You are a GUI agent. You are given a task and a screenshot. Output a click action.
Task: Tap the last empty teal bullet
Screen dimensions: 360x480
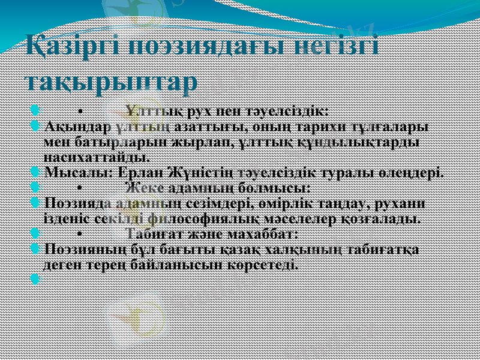point(34,279)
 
